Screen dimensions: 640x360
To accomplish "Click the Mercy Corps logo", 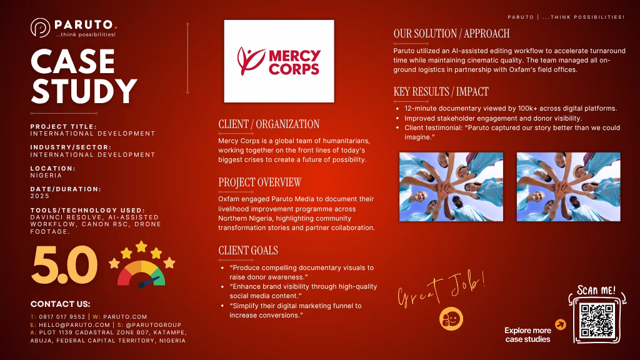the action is (x=279, y=61).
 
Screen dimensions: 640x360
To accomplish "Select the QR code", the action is (x=597, y=320).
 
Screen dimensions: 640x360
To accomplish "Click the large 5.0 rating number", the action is (x=64, y=265).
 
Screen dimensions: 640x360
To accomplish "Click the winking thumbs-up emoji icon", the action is (x=451, y=318).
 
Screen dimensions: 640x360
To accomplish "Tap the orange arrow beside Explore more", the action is (x=561, y=324).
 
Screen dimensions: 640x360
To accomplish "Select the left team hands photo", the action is (x=451, y=187).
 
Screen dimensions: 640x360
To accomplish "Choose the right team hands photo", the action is (x=569, y=187).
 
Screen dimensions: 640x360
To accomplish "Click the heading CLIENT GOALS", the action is (x=248, y=250).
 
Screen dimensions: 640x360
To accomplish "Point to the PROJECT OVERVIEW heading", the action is (x=259, y=182).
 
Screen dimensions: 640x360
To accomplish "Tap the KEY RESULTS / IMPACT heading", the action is (x=441, y=91).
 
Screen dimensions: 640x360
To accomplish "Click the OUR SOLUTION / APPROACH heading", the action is (x=451, y=34).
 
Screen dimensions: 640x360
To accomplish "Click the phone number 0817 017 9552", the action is (x=62, y=317).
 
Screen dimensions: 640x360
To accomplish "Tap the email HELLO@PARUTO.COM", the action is (x=74, y=325).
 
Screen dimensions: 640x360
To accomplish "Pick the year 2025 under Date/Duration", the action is (x=40, y=196).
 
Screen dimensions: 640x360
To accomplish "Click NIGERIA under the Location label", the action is (x=46, y=175).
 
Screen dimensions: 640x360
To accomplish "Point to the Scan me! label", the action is (x=596, y=291).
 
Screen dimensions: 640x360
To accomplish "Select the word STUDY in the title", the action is (x=84, y=91).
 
